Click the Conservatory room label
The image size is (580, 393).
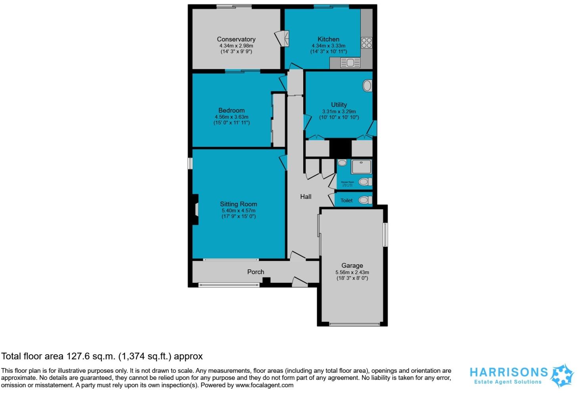point(236,39)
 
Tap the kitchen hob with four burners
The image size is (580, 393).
point(366,42)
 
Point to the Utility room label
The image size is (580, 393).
point(339,105)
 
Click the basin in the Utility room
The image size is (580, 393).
point(367,86)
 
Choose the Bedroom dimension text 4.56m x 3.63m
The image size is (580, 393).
point(232,117)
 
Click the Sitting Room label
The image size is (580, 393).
point(239,204)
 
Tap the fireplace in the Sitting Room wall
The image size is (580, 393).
point(195,209)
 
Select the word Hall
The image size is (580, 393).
point(306,196)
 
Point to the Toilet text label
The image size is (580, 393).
point(346,200)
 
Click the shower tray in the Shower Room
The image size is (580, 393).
point(361,167)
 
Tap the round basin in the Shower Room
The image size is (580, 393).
point(342,162)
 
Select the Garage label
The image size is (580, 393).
point(352,265)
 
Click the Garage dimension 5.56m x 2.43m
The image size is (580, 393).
point(352,272)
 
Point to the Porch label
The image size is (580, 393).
point(256,272)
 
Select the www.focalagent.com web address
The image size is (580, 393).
point(264,385)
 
